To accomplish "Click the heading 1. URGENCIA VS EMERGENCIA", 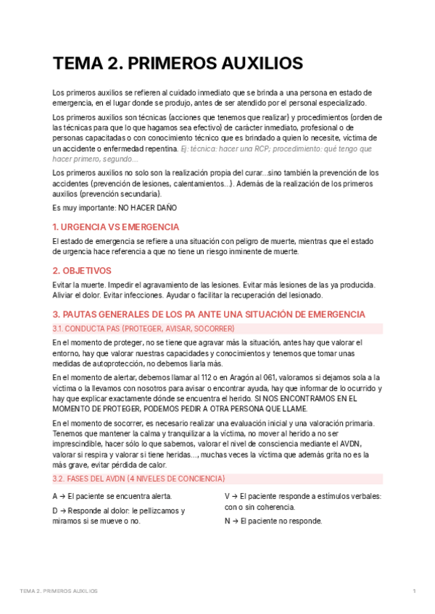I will [x=116, y=227].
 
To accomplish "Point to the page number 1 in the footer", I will [x=414, y=592].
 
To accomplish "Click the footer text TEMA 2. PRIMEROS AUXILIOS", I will [x=59, y=592].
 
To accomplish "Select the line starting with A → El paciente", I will [x=112, y=496].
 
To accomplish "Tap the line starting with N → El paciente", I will [x=273, y=521].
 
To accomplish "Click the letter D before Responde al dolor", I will [x=56, y=510].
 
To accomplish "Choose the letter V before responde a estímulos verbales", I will [x=228, y=496].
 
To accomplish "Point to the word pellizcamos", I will [x=154, y=510].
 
